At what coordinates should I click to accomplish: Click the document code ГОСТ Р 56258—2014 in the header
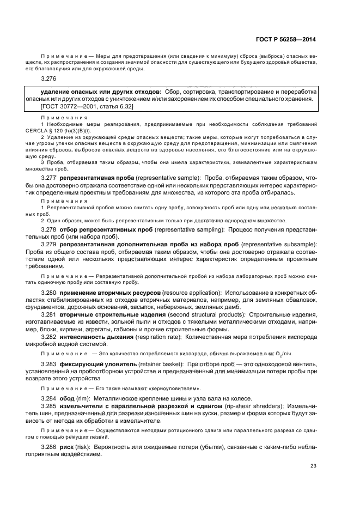click(287, 40)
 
